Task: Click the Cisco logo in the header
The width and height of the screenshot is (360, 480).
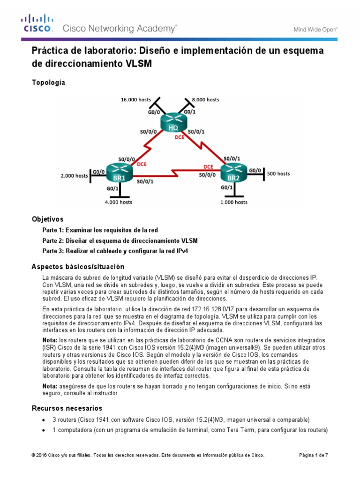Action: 37,23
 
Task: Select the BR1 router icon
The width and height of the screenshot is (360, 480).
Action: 119,172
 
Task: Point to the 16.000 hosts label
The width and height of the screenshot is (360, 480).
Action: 135,99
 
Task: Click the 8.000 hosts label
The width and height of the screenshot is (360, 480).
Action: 205,99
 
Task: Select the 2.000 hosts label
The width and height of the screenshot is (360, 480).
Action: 74,176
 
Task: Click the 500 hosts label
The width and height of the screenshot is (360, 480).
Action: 278,173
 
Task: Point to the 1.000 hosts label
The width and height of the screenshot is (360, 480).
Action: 233,202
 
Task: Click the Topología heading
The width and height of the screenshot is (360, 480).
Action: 48,82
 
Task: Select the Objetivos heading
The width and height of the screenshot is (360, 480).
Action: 47,219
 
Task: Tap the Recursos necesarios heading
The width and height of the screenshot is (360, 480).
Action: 67,408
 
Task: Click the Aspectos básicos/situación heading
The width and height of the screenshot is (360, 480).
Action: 78,267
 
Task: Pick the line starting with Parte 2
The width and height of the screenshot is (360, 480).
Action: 120,240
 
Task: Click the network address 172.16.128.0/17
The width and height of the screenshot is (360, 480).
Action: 225,309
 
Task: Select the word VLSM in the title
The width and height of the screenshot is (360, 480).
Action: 139,63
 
